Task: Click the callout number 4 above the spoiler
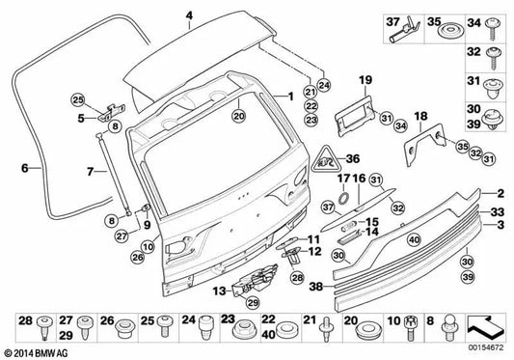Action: click(x=189, y=15)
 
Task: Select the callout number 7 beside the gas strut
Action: click(x=90, y=173)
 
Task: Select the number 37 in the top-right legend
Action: click(x=392, y=21)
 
